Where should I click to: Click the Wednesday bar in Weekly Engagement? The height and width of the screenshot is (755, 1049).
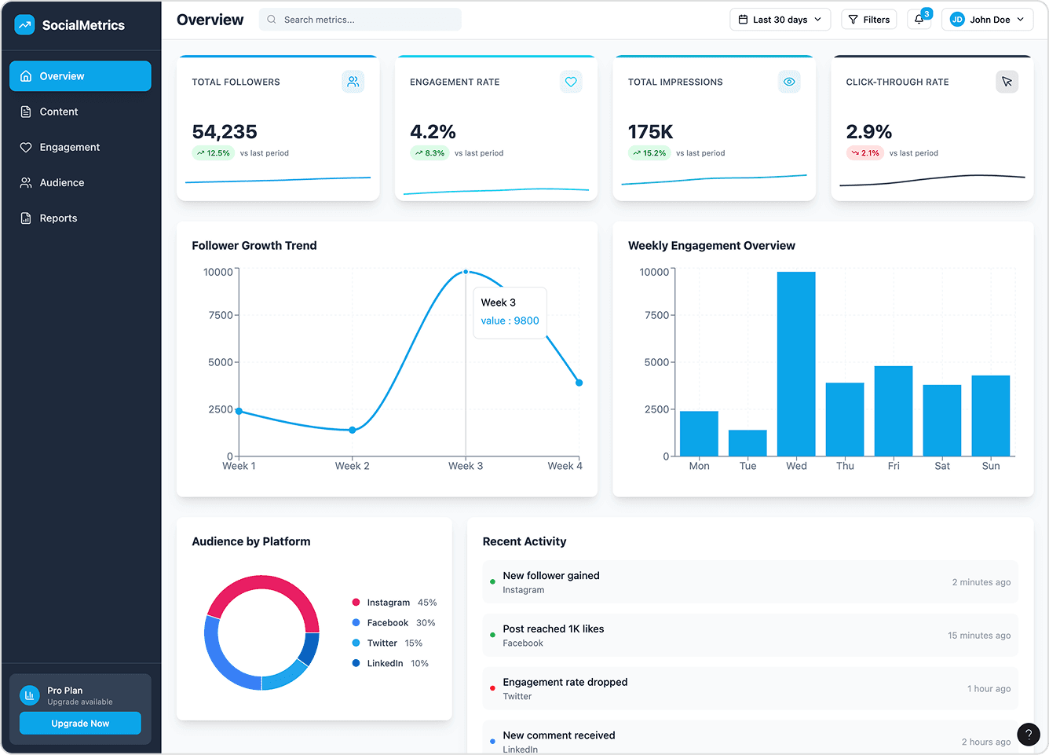coord(796,364)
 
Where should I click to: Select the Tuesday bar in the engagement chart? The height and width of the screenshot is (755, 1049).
coord(747,443)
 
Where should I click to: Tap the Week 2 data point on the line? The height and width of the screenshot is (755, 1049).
coord(353,430)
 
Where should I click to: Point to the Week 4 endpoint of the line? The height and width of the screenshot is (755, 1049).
coord(579,383)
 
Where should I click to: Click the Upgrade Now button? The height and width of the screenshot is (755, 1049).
coord(80,724)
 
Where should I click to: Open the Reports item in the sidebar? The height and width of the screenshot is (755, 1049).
coord(58,218)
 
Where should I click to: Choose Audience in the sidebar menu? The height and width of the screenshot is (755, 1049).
coord(61,183)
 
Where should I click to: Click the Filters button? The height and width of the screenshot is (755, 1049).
coord(869,20)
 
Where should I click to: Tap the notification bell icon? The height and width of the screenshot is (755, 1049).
coord(919,20)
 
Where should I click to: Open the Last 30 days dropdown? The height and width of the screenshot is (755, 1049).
coord(780,20)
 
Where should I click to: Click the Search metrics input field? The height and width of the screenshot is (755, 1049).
coord(360,20)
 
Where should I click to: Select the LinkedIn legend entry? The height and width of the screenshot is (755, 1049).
coord(385,663)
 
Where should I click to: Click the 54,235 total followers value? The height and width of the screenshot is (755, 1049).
coord(225,132)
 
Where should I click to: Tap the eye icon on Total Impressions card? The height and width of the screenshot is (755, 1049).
coord(789,82)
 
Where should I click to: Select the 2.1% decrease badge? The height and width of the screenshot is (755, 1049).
coord(864,153)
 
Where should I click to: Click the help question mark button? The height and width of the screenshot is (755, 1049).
coord(1028,735)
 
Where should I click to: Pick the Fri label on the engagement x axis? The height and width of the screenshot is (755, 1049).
coord(894,466)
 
